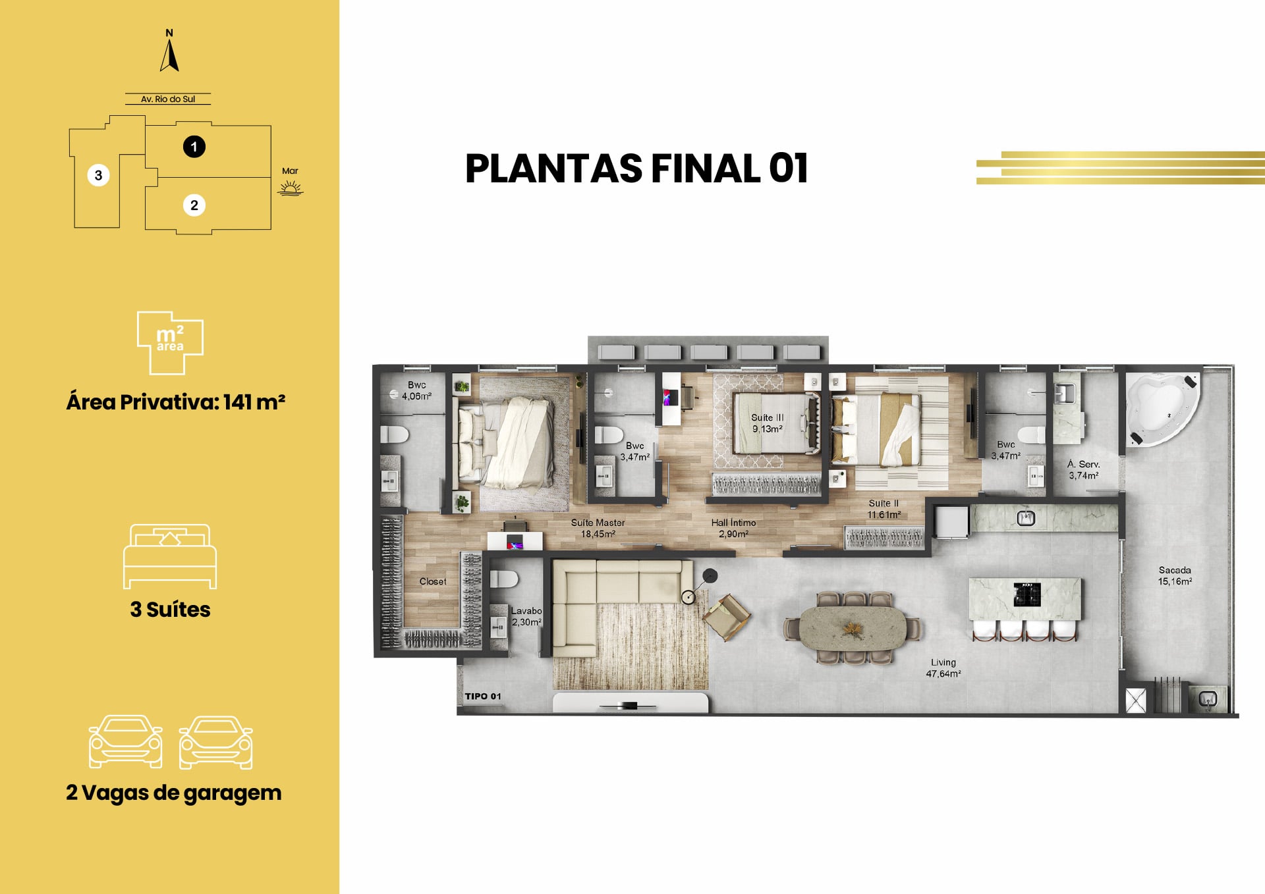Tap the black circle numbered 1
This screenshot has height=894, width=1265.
pyautogui.click(x=194, y=146)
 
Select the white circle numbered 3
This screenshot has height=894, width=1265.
pyautogui.click(x=98, y=175)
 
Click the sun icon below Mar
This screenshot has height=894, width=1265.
pyautogui.click(x=290, y=190)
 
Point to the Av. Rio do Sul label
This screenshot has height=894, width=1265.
pyautogui.click(x=168, y=99)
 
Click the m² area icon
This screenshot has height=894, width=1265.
pyautogui.click(x=170, y=342)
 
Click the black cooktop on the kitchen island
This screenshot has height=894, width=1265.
pyautogui.click(x=1026, y=594)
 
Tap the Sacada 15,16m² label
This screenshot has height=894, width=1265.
pyautogui.click(x=1175, y=576)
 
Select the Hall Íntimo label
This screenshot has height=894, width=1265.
pyautogui.click(x=733, y=523)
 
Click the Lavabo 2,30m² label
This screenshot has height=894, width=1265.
pyautogui.click(x=526, y=616)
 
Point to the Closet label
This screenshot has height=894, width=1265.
pyautogui.click(x=433, y=581)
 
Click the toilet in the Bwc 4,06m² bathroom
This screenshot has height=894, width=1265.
pyautogui.click(x=395, y=434)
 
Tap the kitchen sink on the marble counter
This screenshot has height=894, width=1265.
pyautogui.click(x=1025, y=518)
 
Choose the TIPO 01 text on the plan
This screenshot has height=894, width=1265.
pyautogui.click(x=483, y=696)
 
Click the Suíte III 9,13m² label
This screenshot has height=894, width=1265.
pyautogui.click(x=768, y=423)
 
